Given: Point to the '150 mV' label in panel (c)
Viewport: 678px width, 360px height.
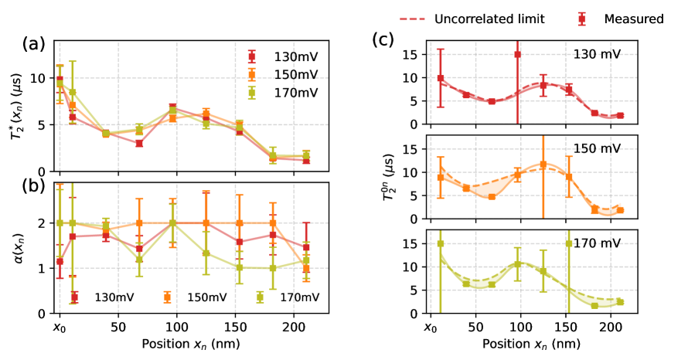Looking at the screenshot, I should (596, 148).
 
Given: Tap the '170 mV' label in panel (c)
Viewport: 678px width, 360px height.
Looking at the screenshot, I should (596, 243).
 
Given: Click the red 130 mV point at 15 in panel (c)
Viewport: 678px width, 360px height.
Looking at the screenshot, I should (517, 54).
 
